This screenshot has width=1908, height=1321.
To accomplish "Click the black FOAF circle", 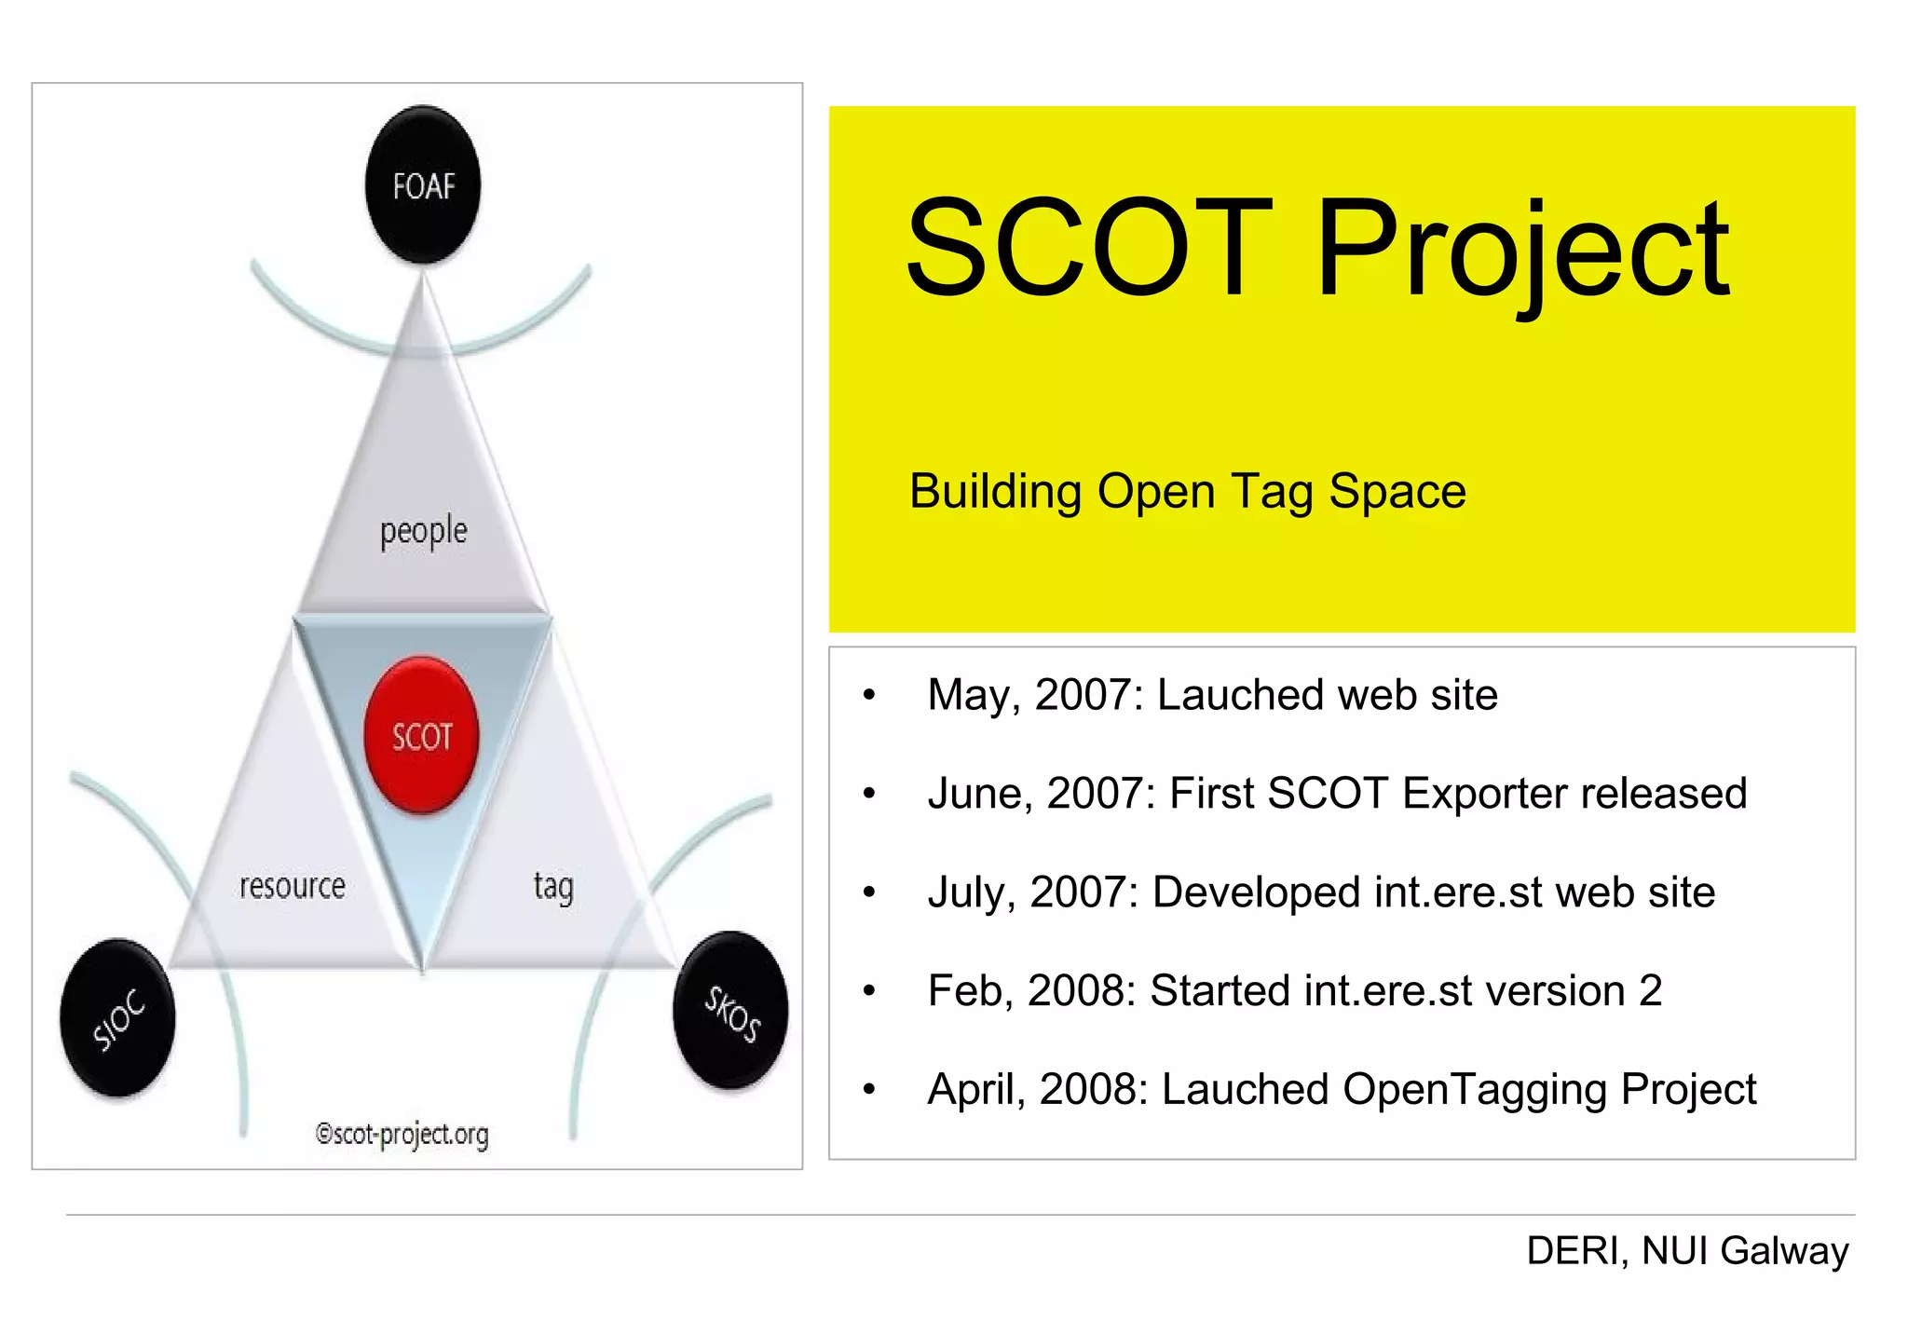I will coord(423,185).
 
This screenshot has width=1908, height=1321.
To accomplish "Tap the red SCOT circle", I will coord(421,736).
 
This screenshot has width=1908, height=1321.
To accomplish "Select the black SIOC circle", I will coord(118,1018).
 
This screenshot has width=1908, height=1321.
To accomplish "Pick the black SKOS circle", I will coord(731,1012).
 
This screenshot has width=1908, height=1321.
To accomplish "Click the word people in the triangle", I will coord(423,531).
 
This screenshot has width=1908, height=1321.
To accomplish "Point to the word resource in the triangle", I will coord(292,886).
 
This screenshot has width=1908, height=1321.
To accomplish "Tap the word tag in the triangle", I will coord(553,887).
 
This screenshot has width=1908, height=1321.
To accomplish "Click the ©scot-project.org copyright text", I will coord(402,1134).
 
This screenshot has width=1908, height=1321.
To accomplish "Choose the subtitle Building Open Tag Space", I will coord(1187,491).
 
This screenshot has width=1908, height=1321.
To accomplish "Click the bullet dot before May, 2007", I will coord(869,695).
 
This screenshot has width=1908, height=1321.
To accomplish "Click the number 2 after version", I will coord(1650,990).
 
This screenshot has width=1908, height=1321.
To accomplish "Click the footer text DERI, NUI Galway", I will coord(1687,1250).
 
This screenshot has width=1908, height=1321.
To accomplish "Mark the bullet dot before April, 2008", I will coord(869,1089).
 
